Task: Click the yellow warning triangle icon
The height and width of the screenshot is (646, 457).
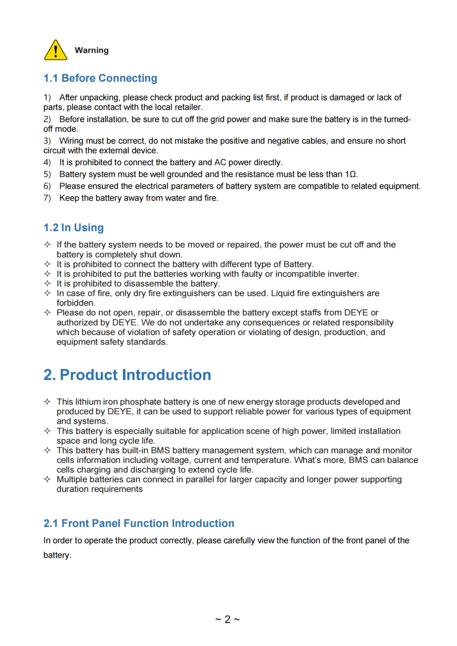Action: tap(56, 50)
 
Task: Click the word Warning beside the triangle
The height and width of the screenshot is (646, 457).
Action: tap(91, 50)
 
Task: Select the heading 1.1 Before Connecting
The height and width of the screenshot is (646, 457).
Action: tap(100, 78)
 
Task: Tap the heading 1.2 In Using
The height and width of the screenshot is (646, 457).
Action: tap(74, 228)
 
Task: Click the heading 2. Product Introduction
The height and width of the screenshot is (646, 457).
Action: tap(127, 375)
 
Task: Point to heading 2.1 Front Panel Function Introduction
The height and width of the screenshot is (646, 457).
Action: tap(139, 523)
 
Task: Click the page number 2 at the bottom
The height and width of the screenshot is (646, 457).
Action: tap(227, 619)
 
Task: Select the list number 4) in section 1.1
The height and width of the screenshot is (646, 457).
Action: tap(47, 163)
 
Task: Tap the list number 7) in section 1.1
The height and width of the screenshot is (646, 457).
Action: tap(47, 198)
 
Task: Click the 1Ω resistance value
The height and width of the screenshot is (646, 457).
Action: tap(351, 174)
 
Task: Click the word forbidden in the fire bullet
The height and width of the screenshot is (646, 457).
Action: tap(76, 303)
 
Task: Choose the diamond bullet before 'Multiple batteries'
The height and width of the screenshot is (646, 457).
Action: tap(47, 479)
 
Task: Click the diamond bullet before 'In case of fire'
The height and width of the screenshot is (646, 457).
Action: tap(47, 293)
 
